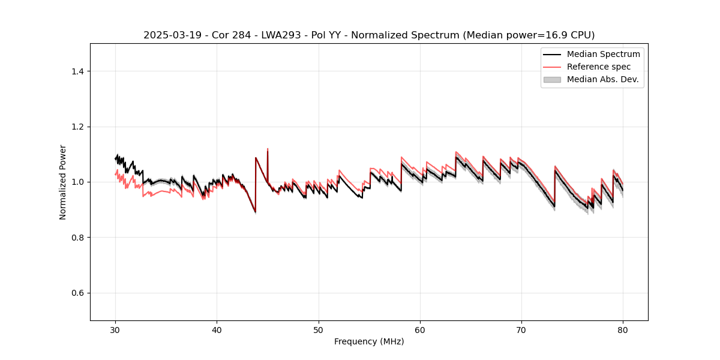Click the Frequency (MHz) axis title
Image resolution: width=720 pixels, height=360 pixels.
tap(369, 341)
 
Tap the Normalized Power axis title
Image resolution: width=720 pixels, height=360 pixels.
tap(63, 182)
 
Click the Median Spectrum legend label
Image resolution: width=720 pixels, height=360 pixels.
tap(603, 54)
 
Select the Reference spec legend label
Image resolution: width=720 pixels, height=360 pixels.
tap(599, 67)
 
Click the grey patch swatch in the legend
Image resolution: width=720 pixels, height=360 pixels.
tap(552, 79)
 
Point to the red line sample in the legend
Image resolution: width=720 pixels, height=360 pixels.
tap(552, 67)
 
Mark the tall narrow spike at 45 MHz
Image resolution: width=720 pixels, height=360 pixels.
tap(268, 149)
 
